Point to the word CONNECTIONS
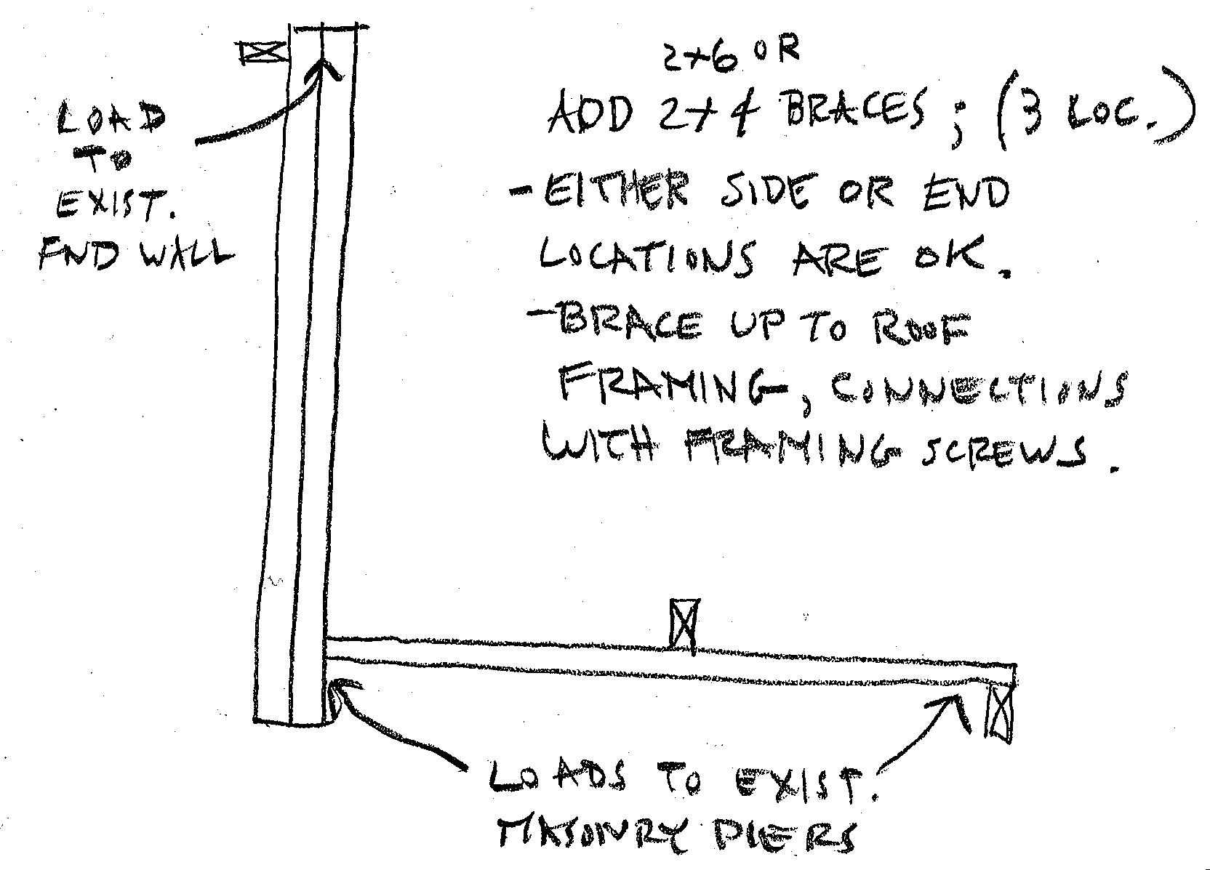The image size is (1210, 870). click(974, 392)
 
